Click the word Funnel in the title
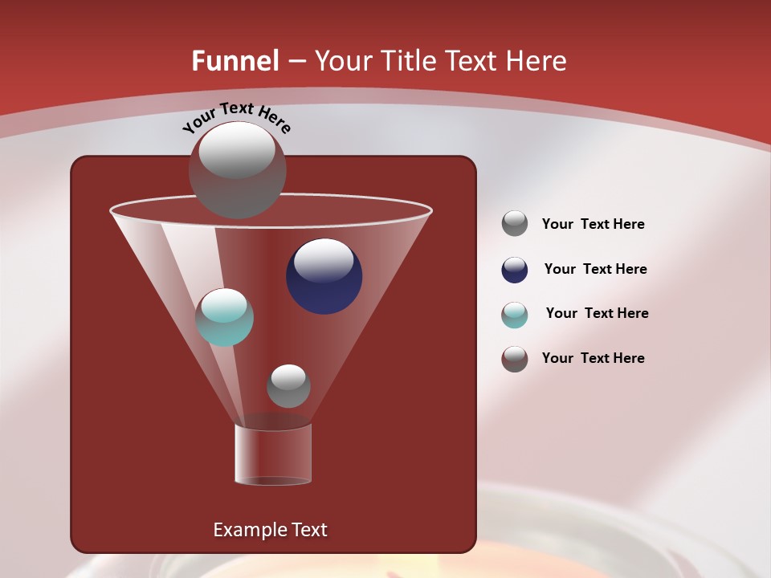pyautogui.click(x=235, y=61)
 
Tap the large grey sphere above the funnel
pyautogui.click(x=237, y=170)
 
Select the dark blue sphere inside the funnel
pyautogui.click(x=324, y=277)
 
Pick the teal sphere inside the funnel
pyautogui.click(x=225, y=318)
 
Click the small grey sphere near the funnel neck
pyautogui.click(x=288, y=386)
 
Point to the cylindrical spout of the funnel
pyautogui.click(x=273, y=454)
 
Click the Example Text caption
pyautogui.click(x=270, y=530)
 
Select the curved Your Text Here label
pyautogui.click(x=237, y=117)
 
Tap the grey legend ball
pyautogui.click(x=515, y=224)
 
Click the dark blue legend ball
pyautogui.click(x=515, y=270)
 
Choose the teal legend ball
pyautogui.click(x=515, y=315)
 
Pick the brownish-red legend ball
pyautogui.click(x=515, y=359)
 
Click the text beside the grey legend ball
pyautogui.click(x=593, y=224)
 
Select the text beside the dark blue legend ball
pyautogui.click(x=595, y=269)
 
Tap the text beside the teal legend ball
pyautogui.click(x=597, y=313)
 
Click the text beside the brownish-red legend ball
pyautogui.click(x=593, y=358)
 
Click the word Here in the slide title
pyautogui.click(x=538, y=61)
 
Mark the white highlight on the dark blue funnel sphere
pyautogui.click(x=324, y=259)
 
